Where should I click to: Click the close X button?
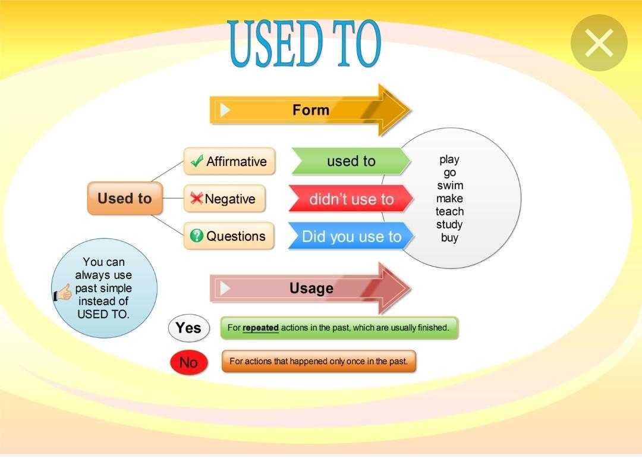599,43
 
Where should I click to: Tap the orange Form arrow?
310,110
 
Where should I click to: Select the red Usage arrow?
310,288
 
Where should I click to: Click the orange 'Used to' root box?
125,198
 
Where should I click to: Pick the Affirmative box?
229,161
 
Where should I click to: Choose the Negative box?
224,199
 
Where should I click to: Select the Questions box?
228,236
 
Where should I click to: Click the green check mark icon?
197,161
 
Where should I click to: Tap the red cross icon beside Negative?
197,198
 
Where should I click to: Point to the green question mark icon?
197,236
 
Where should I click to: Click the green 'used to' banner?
351,161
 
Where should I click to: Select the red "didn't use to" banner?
351,199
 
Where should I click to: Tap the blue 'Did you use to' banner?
351,236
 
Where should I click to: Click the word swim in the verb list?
450,186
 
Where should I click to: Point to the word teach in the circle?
449,211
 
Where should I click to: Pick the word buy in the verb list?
449,237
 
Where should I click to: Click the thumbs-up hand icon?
62,293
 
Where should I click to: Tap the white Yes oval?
189,328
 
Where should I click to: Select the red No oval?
189,362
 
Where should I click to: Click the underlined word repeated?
260,328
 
